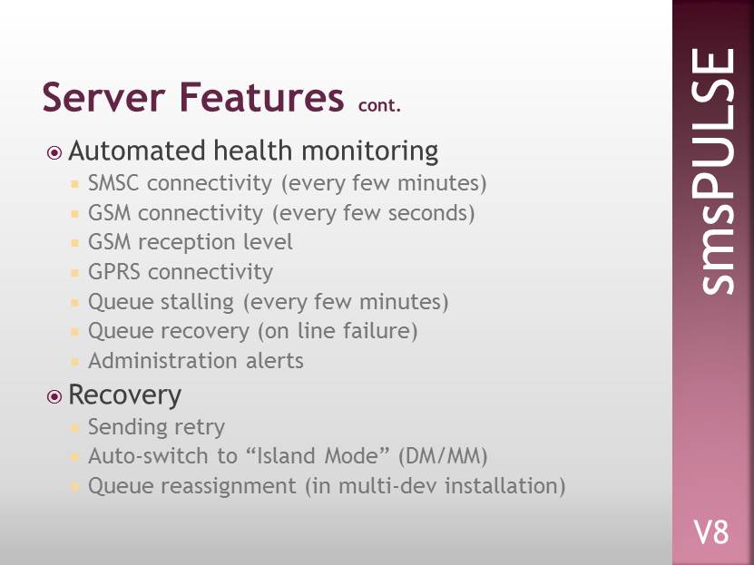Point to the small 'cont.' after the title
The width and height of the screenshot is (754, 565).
coord(379,104)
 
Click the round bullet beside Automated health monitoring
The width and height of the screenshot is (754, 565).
coord(54,152)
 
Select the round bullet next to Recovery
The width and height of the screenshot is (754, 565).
coord(54,397)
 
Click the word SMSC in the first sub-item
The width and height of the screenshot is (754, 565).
coord(113,183)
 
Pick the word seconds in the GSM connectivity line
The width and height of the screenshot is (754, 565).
coord(429,213)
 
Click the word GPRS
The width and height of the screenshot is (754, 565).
coord(114,272)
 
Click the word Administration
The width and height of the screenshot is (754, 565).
coord(162,361)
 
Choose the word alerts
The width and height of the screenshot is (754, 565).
coord(275,361)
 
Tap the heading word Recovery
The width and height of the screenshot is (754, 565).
coord(125,395)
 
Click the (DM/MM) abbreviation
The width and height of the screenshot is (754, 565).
coord(443,456)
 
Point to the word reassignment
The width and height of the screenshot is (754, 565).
coord(229,486)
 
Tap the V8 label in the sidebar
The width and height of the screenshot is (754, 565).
coord(711,532)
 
